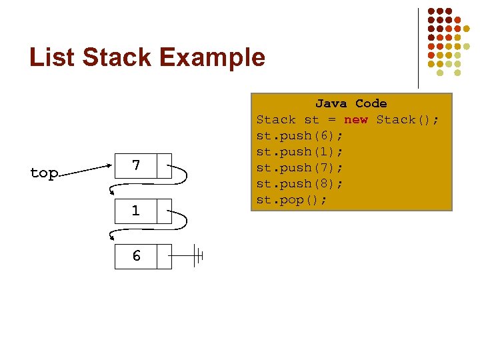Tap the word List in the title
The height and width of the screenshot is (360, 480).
point(52,57)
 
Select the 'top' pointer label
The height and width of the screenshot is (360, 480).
point(44,173)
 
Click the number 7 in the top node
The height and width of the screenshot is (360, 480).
point(136,165)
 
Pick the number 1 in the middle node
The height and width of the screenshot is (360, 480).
point(136,211)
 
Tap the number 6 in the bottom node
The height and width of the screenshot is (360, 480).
point(136,256)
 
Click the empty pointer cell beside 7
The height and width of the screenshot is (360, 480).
point(164,166)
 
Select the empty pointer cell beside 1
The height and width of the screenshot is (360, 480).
point(164,211)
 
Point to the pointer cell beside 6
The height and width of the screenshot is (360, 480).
point(164,256)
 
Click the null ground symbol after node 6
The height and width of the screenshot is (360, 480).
point(197,255)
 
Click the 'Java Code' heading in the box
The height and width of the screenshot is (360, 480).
point(351,103)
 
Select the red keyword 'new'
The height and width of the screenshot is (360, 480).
point(355,120)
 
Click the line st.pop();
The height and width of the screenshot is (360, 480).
point(292,200)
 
